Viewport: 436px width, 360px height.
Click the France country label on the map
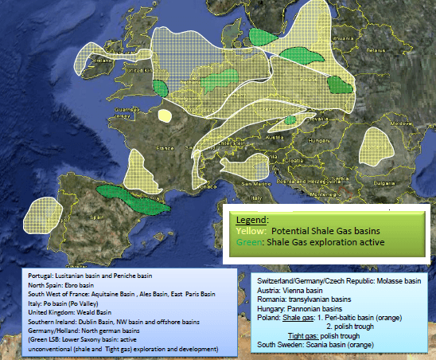click(x=165, y=148)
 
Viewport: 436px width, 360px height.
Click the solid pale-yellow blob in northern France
click(x=165, y=115)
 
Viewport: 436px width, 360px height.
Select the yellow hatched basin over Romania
click(x=373, y=146)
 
